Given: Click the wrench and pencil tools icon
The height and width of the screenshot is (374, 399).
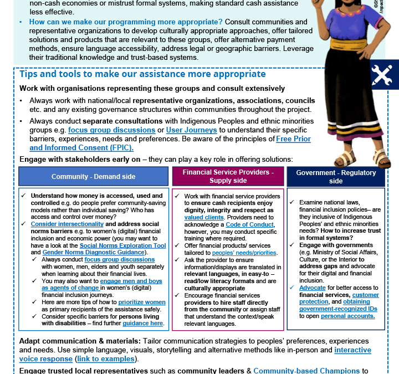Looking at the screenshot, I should pos(382,75).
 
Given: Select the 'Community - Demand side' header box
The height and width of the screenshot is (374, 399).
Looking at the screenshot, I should pos(93,176).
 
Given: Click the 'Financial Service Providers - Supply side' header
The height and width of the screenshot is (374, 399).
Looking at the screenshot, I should pos(228,176).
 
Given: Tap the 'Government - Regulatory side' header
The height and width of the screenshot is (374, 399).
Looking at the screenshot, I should pos(335,176).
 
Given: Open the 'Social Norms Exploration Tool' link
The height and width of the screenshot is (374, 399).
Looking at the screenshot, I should pos(122,245).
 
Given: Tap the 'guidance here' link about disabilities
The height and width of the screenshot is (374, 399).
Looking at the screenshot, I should pos(144,323).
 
